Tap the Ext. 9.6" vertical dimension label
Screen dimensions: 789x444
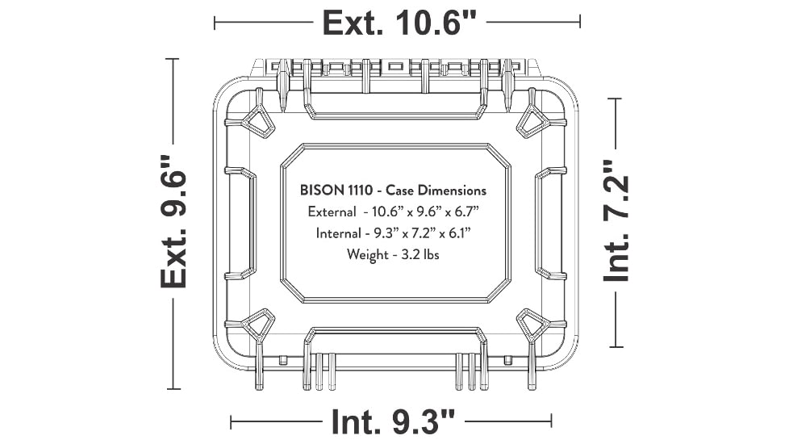coord(173,221)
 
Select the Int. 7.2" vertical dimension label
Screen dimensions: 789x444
coord(616,221)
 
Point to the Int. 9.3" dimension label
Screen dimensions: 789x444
coord(393,421)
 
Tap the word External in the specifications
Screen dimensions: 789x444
coord(332,212)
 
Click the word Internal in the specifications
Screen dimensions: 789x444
coord(338,233)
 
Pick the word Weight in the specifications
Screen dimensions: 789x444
coord(367,255)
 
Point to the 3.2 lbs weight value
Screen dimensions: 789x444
coord(420,255)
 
